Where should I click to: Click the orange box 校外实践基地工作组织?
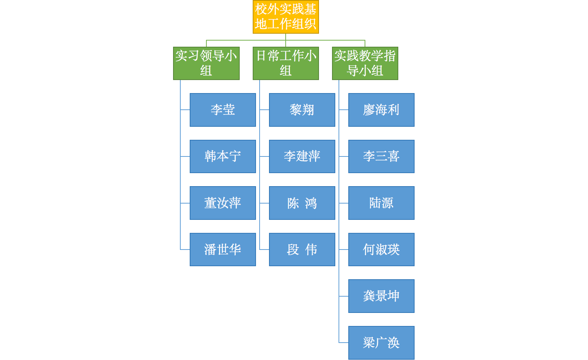286,17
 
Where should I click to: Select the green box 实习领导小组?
206,63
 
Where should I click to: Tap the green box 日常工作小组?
286,63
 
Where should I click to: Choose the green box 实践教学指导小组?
365,63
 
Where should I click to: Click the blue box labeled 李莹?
223,110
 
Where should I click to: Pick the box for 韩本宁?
223,156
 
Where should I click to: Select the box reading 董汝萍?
223,203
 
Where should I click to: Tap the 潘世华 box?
223,250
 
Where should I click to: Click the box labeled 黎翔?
302,110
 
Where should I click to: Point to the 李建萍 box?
302,156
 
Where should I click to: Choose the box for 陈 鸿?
302,203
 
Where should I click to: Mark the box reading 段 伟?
302,250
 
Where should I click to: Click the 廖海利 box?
381,110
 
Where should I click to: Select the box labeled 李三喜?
381,156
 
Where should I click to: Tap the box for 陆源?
381,203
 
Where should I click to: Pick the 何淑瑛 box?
381,250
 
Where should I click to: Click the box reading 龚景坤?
381,296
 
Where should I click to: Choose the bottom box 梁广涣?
381,343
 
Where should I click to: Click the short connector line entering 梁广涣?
344,343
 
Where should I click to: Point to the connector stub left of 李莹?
185,110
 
